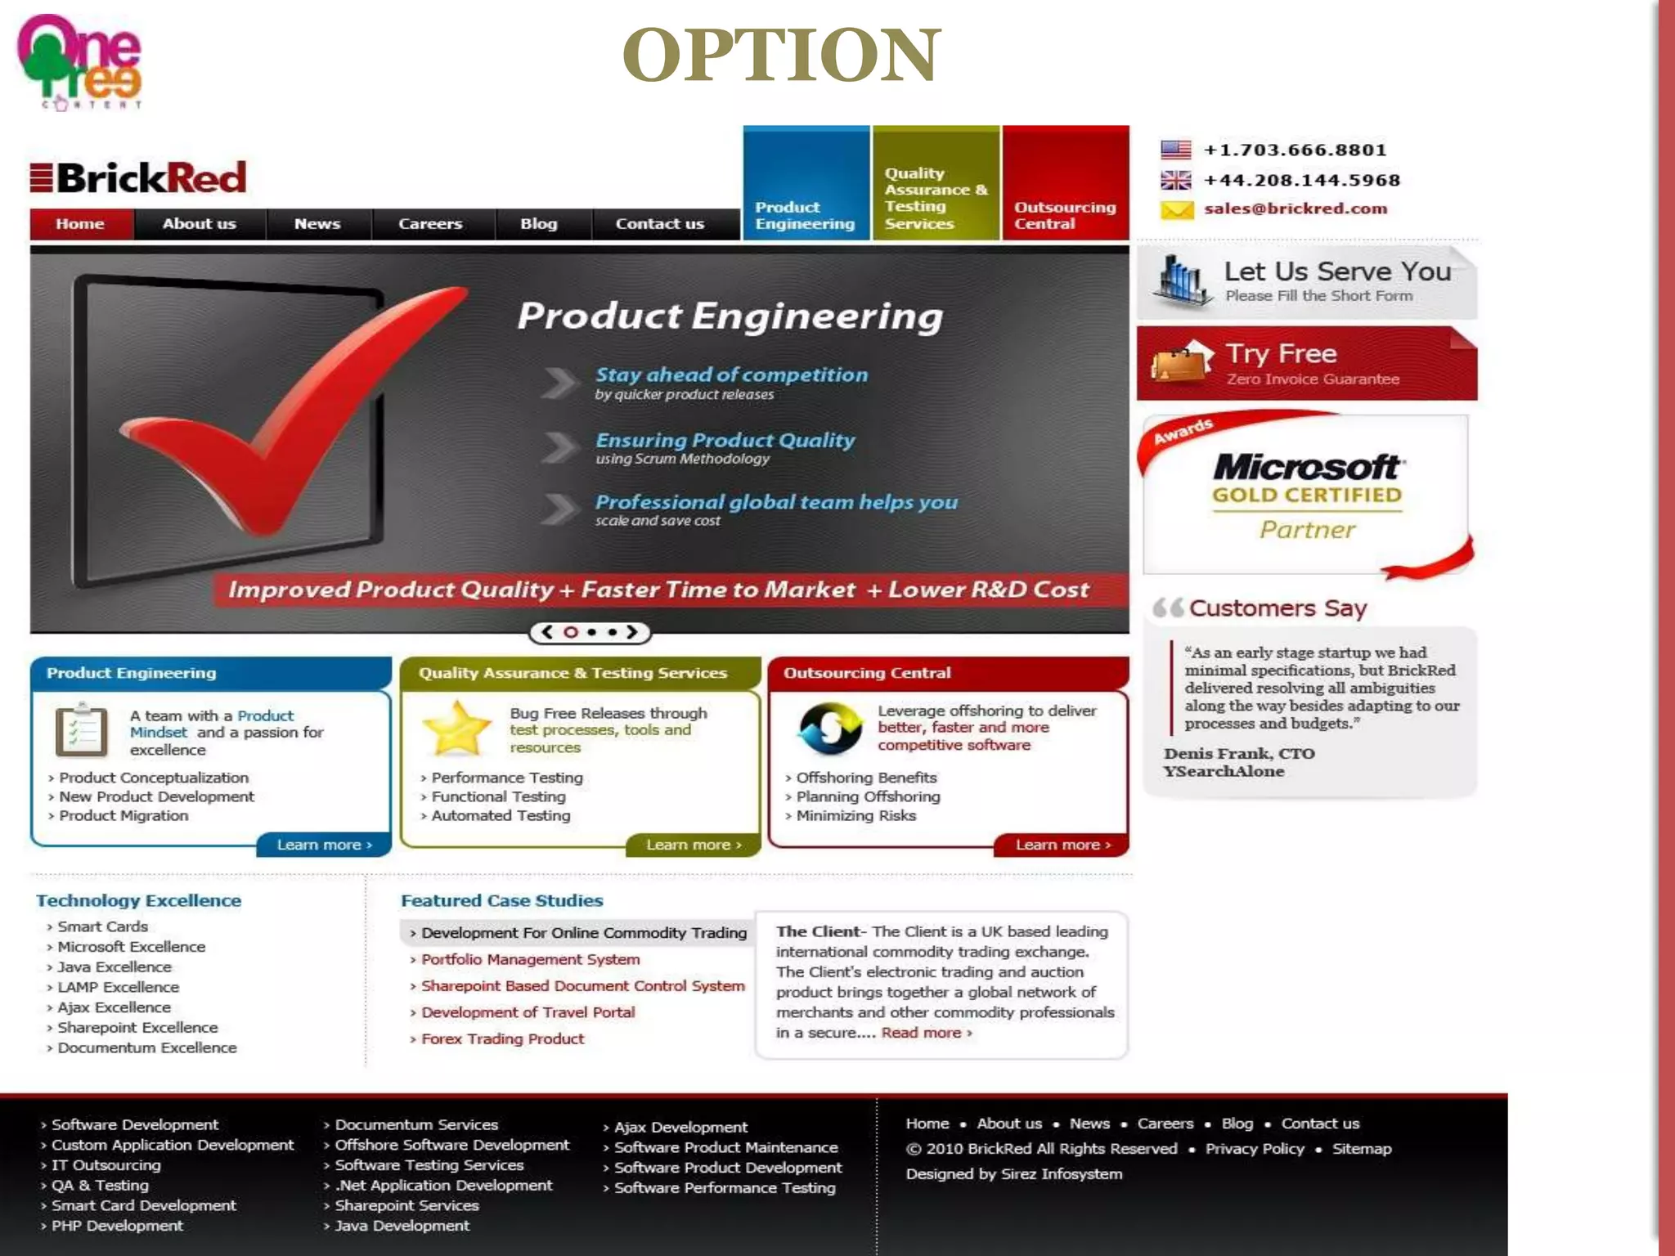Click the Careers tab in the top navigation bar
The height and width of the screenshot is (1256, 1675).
click(x=430, y=224)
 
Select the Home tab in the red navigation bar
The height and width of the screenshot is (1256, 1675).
click(x=80, y=224)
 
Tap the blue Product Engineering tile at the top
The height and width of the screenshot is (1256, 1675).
click(x=806, y=183)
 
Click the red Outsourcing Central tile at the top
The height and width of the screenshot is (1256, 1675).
click(x=1065, y=183)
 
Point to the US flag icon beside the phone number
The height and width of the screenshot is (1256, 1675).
click(x=1175, y=150)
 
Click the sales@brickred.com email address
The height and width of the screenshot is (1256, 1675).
click(x=1296, y=209)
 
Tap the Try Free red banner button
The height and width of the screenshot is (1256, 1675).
click(x=1306, y=364)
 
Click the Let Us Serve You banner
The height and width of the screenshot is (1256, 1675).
click(x=1306, y=282)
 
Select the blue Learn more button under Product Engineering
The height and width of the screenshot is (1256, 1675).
click(x=324, y=845)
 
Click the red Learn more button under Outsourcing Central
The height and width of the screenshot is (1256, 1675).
click(x=1062, y=845)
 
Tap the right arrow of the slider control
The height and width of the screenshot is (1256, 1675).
click(x=632, y=632)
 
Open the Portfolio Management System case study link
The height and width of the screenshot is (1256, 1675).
click(x=530, y=959)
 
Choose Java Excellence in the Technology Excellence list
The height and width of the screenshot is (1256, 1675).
click(x=115, y=967)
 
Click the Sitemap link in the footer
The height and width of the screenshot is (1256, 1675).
click(x=1361, y=1149)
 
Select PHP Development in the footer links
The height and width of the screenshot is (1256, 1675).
click(x=117, y=1226)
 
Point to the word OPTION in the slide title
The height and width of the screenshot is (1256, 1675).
click(x=781, y=55)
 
